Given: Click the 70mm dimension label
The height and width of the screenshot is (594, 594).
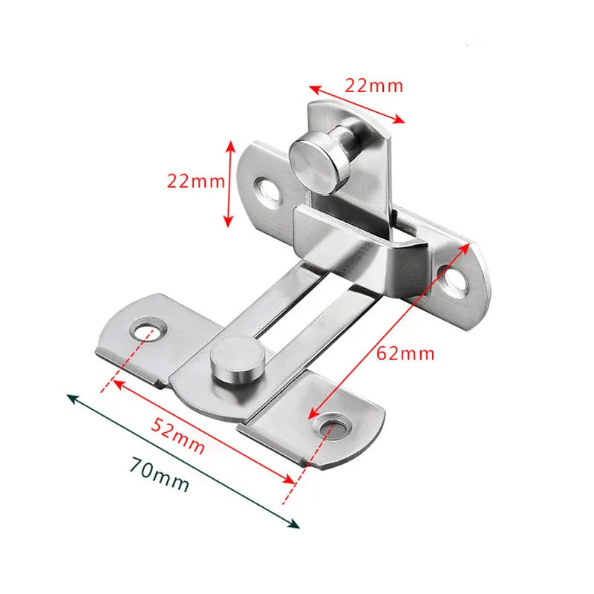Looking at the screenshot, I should tap(159, 474).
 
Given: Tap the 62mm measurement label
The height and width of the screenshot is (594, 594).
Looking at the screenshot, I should tap(405, 353).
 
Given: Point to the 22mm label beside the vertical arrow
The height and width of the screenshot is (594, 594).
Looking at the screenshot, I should tap(194, 181).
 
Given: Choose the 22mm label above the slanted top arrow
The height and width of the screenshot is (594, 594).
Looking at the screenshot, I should tap(374, 85).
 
